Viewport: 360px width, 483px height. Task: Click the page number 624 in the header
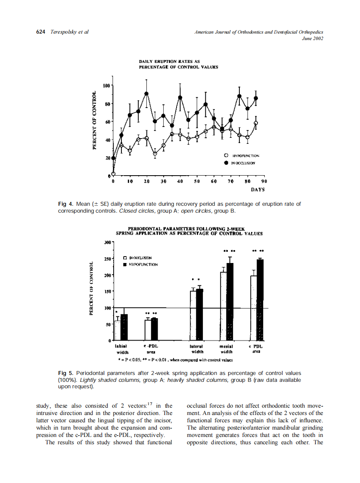[x=41, y=32]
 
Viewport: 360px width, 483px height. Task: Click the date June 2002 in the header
[x=313, y=38]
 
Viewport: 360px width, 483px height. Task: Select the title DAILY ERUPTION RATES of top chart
[x=168, y=61]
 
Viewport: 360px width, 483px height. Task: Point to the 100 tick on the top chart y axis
[x=107, y=86]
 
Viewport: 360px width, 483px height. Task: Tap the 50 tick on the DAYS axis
[x=197, y=182]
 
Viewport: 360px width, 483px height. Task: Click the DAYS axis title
[x=258, y=189]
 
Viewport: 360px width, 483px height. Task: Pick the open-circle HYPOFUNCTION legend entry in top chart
[x=226, y=155]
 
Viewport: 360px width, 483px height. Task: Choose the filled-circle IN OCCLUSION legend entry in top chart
[x=226, y=163]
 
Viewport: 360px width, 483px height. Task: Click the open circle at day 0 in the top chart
[x=113, y=174]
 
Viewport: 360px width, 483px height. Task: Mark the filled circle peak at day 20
[x=147, y=94]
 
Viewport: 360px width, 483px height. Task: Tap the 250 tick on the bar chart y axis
[x=108, y=259]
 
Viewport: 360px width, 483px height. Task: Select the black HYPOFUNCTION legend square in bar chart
[x=125, y=264]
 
